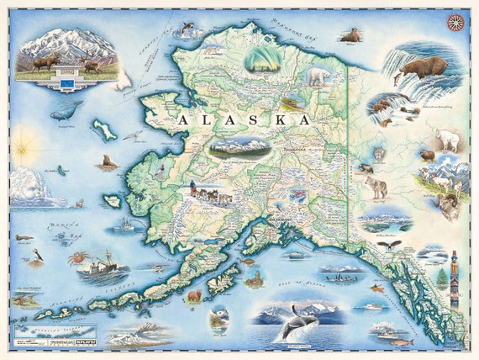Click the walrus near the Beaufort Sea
[350, 35]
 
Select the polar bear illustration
[318, 77]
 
